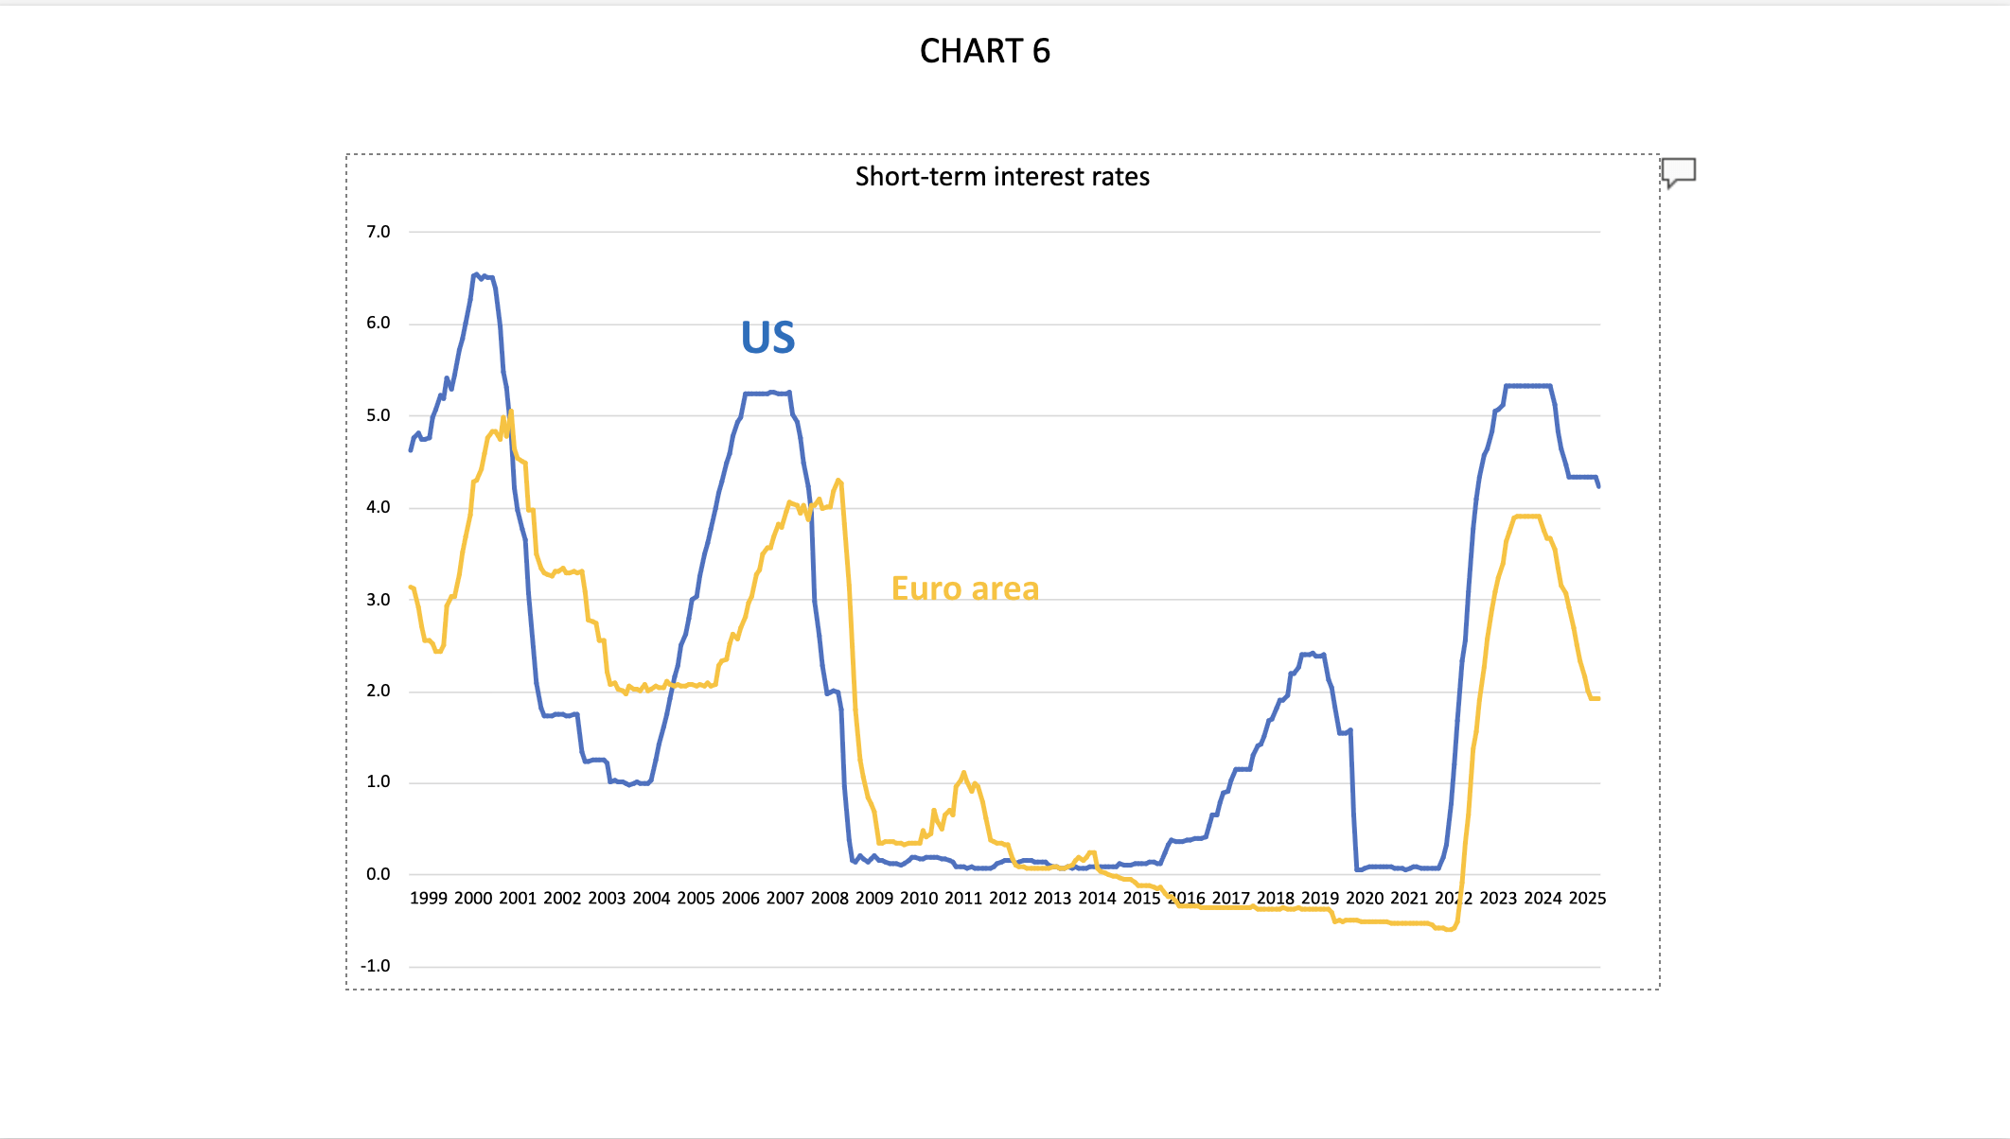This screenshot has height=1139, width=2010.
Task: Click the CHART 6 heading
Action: [x=984, y=51]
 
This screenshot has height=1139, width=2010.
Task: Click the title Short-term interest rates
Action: [x=1002, y=177]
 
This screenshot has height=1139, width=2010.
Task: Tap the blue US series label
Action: [x=767, y=338]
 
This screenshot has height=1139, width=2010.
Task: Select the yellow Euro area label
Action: [x=965, y=588]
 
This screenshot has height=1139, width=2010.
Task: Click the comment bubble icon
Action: [x=1679, y=172]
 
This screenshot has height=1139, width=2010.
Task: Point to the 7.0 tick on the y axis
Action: [x=379, y=232]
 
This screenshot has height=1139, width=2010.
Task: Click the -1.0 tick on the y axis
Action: [x=376, y=966]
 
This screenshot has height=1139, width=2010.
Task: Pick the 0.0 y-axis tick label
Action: [x=379, y=874]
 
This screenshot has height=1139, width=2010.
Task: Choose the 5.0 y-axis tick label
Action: [x=379, y=415]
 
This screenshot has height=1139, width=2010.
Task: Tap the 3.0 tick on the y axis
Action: [x=379, y=600]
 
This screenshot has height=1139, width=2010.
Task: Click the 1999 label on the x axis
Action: [x=428, y=898]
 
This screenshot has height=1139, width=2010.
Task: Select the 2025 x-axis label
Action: [x=1587, y=898]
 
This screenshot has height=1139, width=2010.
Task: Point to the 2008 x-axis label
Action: [x=829, y=898]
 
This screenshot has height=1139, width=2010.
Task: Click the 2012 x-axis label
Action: [x=1008, y=898]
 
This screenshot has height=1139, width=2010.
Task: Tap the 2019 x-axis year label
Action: [x=1320, y=898]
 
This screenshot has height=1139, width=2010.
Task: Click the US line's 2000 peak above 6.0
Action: [x=476, y=274]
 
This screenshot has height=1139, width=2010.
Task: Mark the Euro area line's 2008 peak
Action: [x=838, y=481]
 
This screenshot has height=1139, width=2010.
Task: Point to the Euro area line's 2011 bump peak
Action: [x=963, y=773]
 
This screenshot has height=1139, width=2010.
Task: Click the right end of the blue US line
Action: [x=1598, y=485]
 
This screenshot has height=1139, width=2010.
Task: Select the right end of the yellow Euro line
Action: [x=1598, y=698]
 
